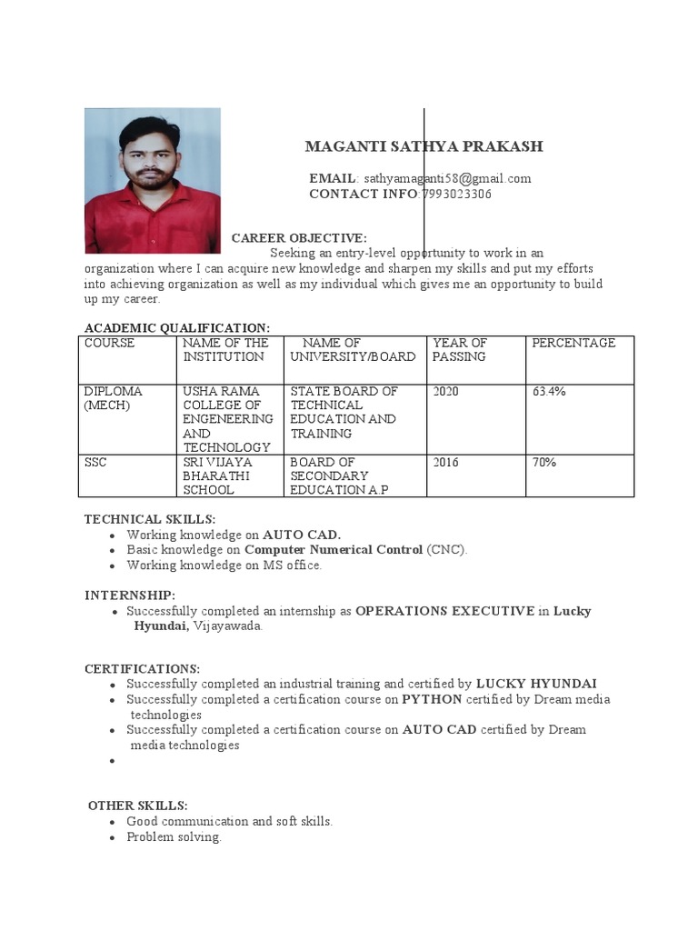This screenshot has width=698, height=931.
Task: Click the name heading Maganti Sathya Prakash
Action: click(424, 146)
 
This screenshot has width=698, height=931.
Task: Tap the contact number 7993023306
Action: click(456, 194)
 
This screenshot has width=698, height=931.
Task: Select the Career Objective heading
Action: click(299, 237)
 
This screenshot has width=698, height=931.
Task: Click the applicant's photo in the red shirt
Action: click(152, 180)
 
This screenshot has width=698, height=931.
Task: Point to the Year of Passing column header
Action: click(460, 350)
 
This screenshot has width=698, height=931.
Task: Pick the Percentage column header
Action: click(573, 343)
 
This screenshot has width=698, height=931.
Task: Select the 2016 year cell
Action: click(445, 462)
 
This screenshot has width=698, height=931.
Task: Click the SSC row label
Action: click(95, 462)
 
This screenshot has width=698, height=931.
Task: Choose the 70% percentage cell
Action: click(544, 462)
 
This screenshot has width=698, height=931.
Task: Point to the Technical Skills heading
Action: click(150, 518)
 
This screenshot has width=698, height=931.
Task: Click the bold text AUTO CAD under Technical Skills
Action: click(302, 535)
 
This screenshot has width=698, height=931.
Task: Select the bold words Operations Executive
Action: click(444, 611)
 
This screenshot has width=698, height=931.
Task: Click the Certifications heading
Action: click(142, 668)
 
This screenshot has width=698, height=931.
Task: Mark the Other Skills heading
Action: click(138, 806)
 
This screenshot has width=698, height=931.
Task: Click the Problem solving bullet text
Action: click(174, 836)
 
